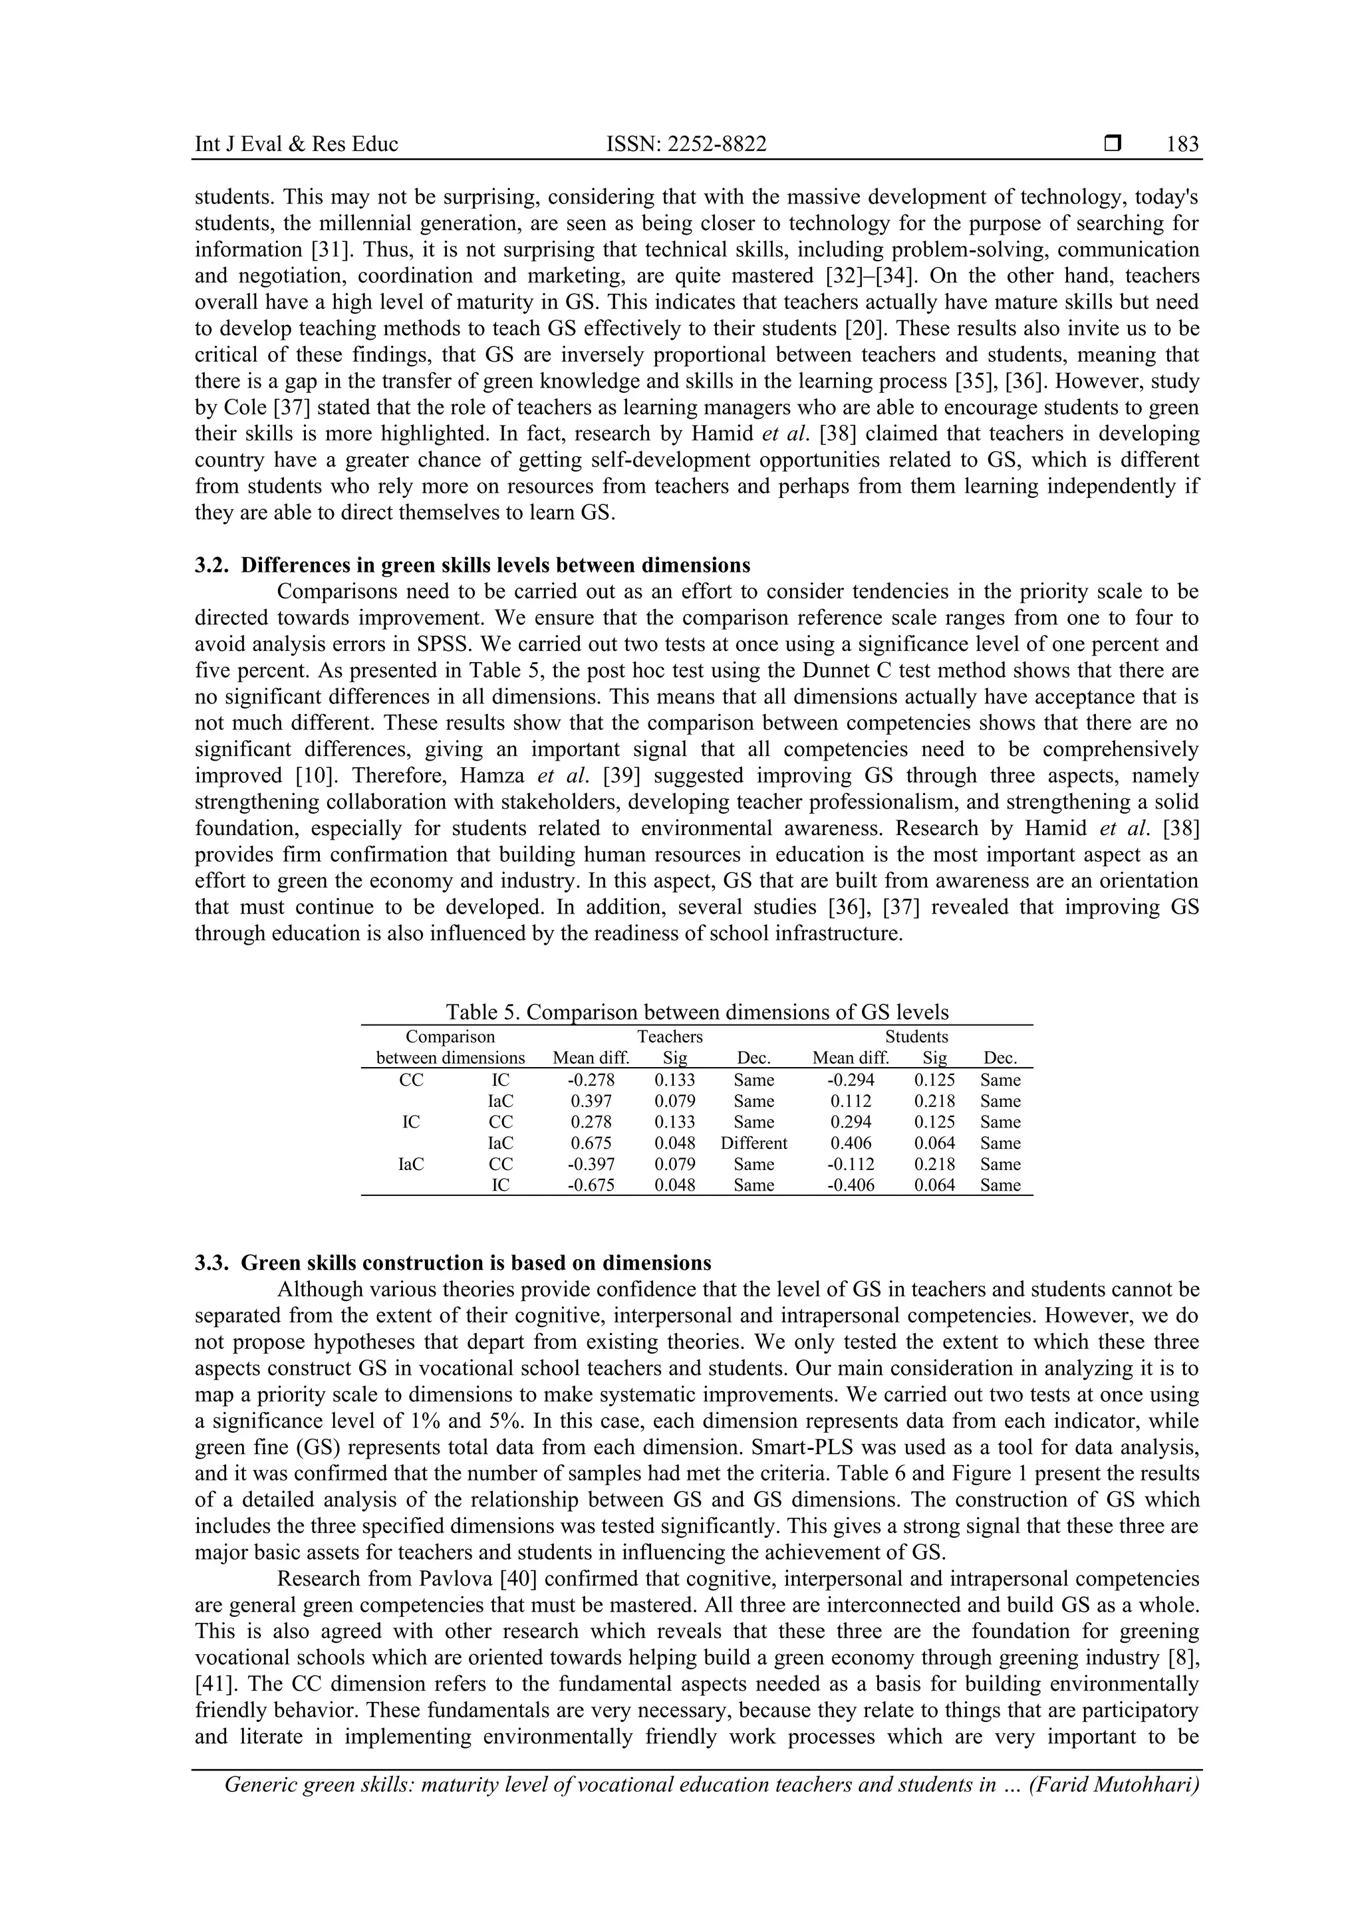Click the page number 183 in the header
coord(1182,144)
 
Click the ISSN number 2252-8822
coord(686,144)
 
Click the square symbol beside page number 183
coord(1113,144)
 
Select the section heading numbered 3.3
coord(453,1263)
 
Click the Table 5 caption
coord(696,1012)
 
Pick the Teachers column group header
coord(670,1037)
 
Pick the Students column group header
coord(916,1037)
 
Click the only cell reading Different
coord(753,1144)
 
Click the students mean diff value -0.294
coord(851,1080)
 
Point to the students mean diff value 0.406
coord(851,1144)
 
